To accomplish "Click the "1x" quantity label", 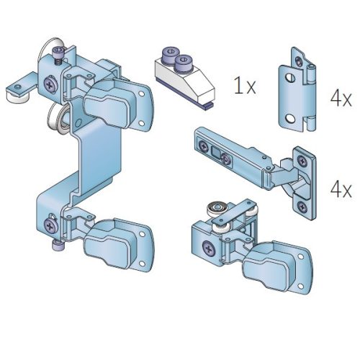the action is tap(245, 85).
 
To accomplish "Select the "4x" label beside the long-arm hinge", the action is tap(341, 189).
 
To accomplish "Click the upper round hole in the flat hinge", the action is tap(290, 78).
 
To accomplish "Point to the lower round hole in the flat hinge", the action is tap(290, 118).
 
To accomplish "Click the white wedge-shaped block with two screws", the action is tap(184, 78).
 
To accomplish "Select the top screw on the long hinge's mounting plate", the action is tap(302, 161).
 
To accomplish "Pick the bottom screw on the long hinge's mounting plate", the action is tap(302, 207).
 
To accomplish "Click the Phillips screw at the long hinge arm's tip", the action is tap(204, 146).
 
